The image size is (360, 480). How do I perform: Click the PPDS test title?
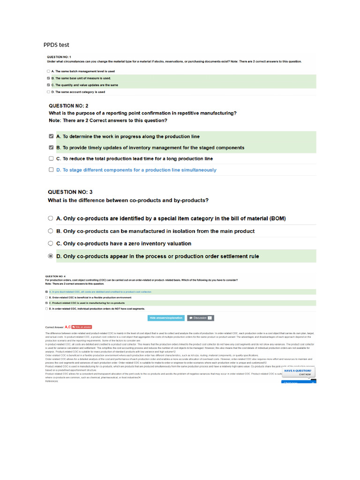click(x=56, y=45)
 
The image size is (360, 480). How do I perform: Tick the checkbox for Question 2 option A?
click(x=51, y=136)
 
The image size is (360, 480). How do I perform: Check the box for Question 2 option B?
click(x=51, y=148)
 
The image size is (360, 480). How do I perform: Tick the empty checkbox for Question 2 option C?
click(x=51, y=159)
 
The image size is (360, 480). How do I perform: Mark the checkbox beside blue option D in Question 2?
click(x=51, y=170)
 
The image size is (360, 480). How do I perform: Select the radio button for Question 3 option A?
click(x=51, y=218)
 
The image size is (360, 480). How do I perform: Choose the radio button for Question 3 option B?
click(x=51, y=231)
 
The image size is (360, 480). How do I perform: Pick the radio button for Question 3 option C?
click(x=51, y=244)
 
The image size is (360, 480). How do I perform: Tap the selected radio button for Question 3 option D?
click(x=51, y=256)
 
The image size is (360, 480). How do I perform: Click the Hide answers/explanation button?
click(x=166, y=318)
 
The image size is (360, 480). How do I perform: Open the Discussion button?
click(x=200, y=318)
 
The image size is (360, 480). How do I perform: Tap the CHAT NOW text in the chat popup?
click(x=305, y=375)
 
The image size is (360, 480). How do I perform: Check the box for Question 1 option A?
click(x=48, y=71)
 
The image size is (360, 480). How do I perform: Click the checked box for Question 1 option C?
click(x=48, y=85)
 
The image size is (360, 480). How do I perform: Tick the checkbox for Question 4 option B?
click(x=46, y=297)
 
